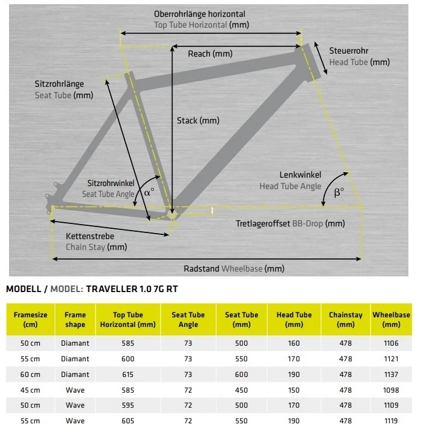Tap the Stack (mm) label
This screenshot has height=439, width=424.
click(198, 120)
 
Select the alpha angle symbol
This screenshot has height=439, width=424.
click(149, 193)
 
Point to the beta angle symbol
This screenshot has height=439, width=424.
click(339, 193)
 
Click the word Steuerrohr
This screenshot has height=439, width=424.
click(349, 51)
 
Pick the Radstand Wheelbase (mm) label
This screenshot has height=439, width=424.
click(234, 269)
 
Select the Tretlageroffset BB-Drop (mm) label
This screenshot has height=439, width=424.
click(290, 223)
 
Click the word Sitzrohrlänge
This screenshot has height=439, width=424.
click(59, 84)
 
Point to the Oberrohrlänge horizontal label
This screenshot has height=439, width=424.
click(200, 14)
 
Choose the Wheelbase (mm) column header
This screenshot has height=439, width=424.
click(391, 319)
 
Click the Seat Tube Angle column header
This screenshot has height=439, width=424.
click(188, 319)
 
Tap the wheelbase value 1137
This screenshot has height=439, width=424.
click(391, 374)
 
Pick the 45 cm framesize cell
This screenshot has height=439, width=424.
click(26, 390)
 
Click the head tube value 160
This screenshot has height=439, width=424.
click(293, 343)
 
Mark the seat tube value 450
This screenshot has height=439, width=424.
click(241, 390)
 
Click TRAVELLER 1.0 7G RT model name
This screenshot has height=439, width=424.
click(132, 289)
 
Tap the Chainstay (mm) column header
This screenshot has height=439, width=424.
click(345, 319)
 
